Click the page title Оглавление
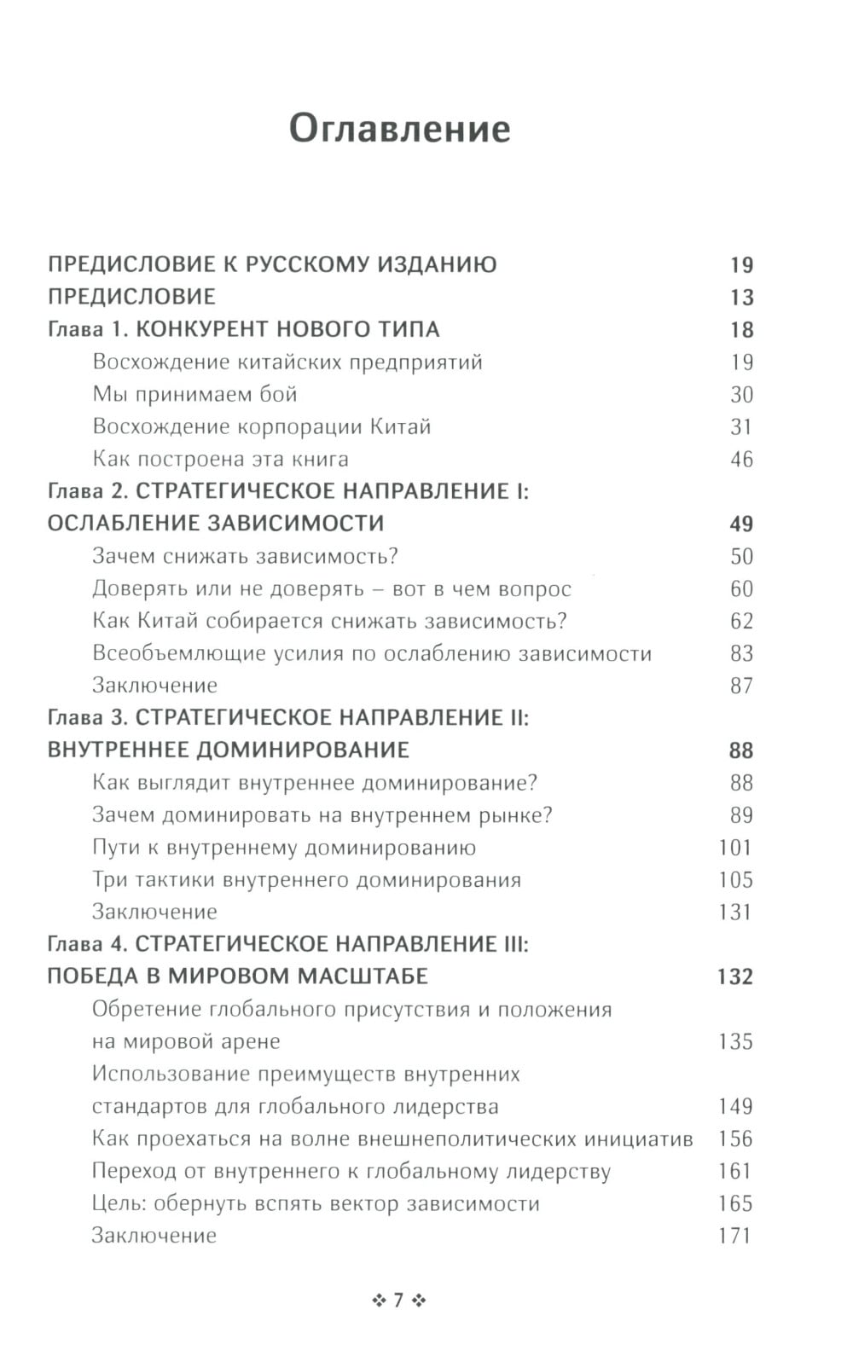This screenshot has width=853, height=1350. tap(399, 130)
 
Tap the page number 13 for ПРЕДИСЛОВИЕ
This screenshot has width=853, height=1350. tap(741, 298)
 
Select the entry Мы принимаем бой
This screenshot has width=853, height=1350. tap(194, 394)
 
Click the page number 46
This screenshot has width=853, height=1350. tap(741, 460)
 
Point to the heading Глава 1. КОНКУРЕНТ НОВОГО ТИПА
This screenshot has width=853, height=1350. tap(243, 329)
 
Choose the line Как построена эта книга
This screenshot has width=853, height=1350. tap(220, 459)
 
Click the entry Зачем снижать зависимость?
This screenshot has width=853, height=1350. tap(245, 556)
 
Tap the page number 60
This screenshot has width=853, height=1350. tap(741, 589)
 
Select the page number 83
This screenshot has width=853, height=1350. tap(741, 654)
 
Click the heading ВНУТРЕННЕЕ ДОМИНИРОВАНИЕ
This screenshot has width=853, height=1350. tap(228, 750)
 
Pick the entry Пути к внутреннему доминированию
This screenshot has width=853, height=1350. tap(283, 848)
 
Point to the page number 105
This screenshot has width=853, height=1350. tap(735, 880)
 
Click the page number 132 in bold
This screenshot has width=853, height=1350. tap(734, 976)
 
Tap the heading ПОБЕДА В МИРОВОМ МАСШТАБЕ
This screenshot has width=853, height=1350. tap(237, 976)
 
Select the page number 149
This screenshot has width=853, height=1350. tap(735, 1107)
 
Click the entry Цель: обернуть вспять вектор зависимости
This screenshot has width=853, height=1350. tap(316, 1203)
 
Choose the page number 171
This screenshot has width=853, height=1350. tap(734, 1236)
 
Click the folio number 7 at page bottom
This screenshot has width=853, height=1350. tap(398, 1301)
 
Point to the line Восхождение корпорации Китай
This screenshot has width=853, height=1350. tap(261, 426)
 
